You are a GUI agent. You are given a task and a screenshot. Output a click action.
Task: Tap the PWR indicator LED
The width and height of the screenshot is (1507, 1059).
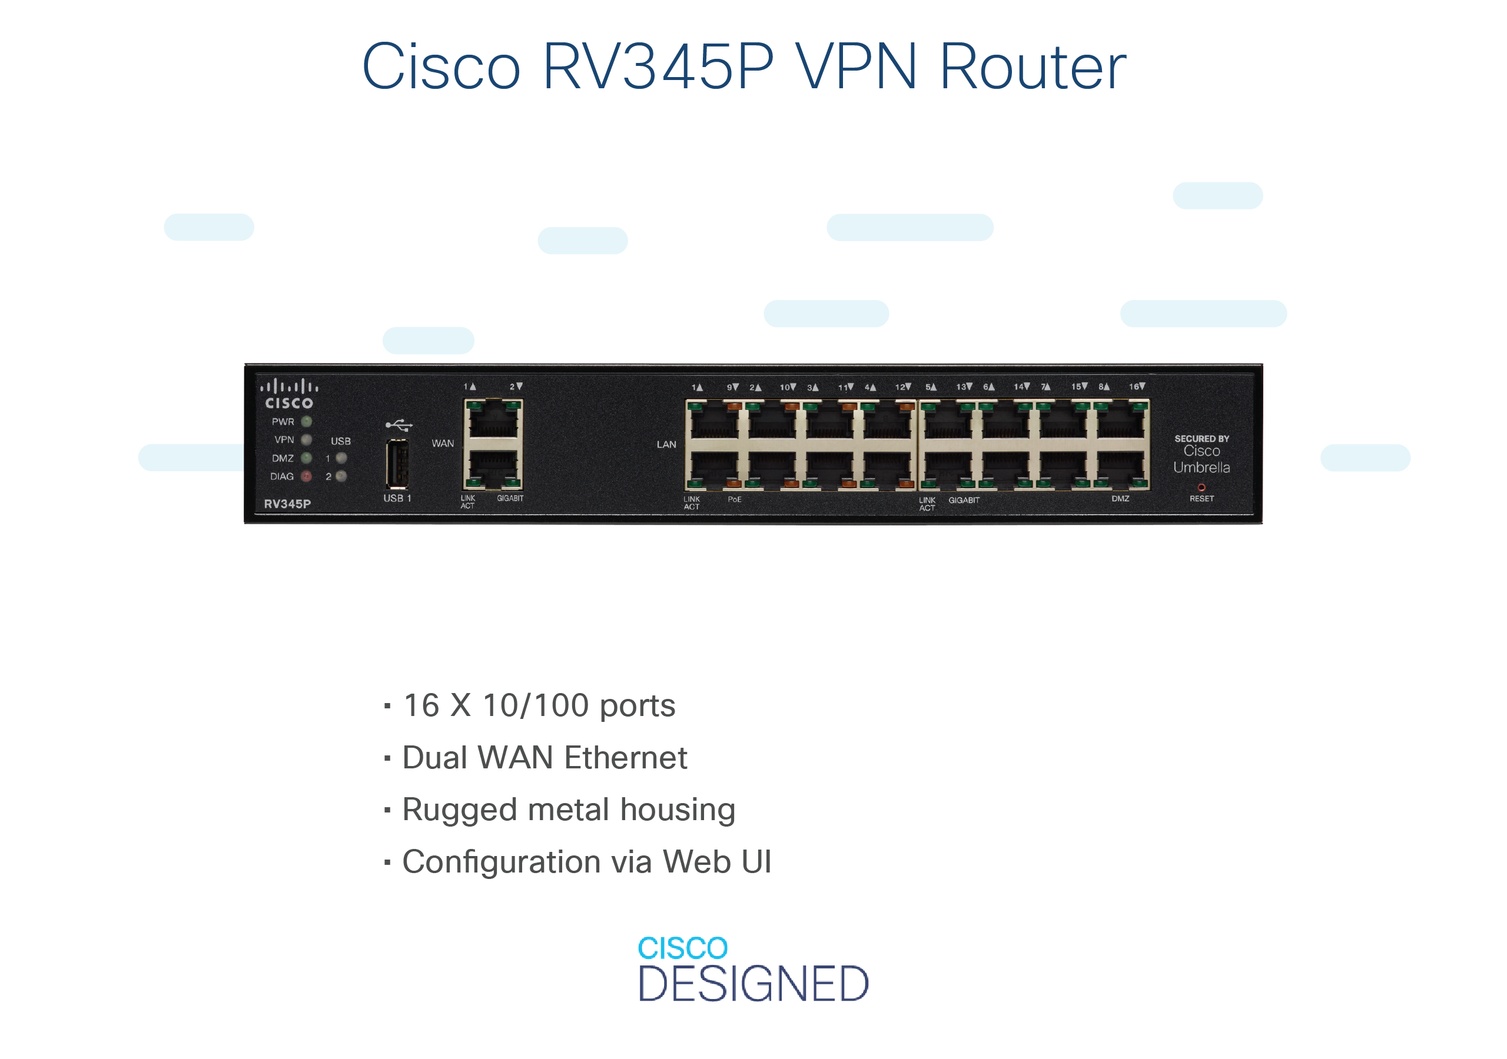tap(307, 421)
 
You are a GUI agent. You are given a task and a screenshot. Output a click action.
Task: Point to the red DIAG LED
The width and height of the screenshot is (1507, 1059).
tap(307, 477)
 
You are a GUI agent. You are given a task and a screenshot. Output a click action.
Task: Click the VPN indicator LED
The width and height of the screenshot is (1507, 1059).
tap(307, 439)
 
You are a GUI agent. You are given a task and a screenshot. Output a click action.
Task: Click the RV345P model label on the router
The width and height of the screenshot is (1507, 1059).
tap(287, 504)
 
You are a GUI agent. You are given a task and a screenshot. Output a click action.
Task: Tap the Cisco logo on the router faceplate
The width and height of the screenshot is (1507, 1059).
tap(289, 394)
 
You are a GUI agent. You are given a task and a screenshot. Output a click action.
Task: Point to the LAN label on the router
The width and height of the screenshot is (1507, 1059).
tap(666, 444)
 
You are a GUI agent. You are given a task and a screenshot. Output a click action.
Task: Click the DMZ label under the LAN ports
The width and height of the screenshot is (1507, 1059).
tap(1120, 499)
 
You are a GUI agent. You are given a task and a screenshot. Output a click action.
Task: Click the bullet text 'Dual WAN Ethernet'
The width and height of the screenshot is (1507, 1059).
tap(545, 758)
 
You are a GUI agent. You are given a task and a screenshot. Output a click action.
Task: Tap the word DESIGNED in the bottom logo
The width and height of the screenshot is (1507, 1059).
tap(754, 984)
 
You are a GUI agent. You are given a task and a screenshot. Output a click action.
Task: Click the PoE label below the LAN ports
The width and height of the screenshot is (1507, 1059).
tap(735, 499)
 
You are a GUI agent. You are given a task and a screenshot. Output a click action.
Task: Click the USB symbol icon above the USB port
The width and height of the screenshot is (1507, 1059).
tap(399, 425)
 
